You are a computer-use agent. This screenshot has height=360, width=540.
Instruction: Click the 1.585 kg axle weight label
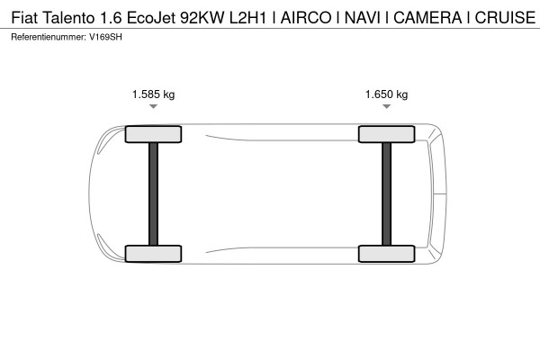pos(153,94)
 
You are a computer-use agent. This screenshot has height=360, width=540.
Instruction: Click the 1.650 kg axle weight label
pos(386,94)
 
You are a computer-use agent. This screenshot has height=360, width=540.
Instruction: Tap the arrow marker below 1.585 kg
pos(153,107)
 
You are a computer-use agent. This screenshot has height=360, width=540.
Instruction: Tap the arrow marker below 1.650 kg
pos(386,107)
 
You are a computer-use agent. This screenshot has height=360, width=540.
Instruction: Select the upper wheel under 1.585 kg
pos(153,134)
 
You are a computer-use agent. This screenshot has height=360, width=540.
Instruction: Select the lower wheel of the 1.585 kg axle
pos(153,253)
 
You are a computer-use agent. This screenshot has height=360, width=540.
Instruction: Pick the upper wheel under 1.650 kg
pos(386,134)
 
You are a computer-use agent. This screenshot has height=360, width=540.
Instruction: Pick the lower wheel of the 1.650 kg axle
pos(386,253)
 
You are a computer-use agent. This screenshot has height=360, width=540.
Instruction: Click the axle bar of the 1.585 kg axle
pos(153,193)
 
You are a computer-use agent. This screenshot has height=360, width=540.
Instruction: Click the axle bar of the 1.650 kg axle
pos(386,193)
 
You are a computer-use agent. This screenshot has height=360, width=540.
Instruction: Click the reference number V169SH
pos(104,36)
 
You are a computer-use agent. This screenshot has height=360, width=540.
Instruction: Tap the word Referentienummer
pos(48,36)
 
